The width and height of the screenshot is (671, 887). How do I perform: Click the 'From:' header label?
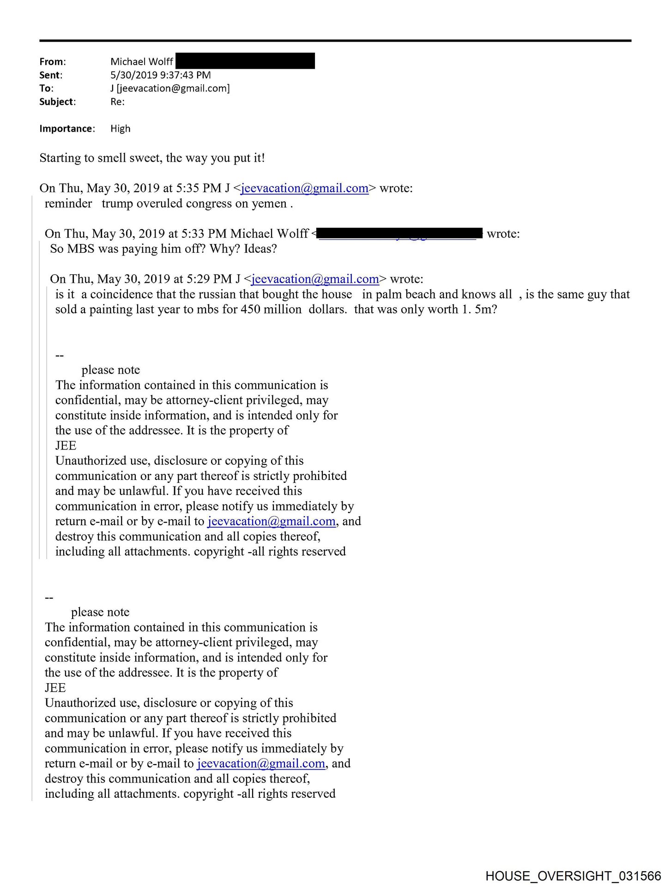52,62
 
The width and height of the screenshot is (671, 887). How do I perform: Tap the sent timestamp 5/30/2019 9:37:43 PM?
160,75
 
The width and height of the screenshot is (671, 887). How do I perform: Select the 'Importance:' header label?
67,129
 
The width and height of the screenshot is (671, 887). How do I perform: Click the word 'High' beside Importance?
120,129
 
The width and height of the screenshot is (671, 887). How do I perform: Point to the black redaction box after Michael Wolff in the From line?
245,61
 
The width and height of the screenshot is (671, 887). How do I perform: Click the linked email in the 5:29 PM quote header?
315,279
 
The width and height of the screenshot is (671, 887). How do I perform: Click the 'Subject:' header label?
57,102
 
